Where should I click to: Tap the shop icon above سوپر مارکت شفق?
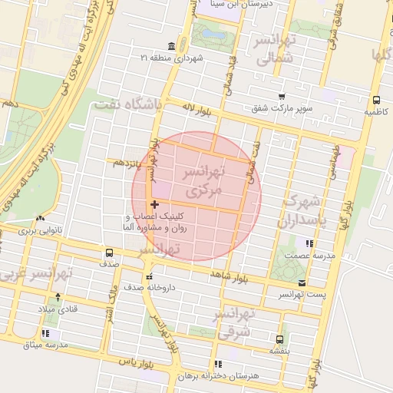point(282,97)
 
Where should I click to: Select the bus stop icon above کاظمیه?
point(375,100)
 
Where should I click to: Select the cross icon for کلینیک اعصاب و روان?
point(156,204)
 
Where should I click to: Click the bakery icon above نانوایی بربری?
point(39,218)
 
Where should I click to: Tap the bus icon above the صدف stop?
point(109,253)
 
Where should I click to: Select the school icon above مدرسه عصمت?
point(309,243)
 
